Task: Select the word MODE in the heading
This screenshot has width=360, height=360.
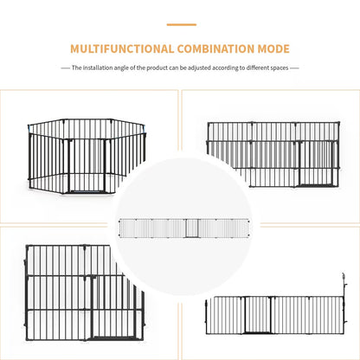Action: pyautogui.click(x=273, y=49)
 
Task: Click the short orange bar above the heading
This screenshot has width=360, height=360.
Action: pyautogui.click(x=180, y=24)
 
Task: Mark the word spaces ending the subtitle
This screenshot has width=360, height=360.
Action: pyautogui.click(x=278, y=67)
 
